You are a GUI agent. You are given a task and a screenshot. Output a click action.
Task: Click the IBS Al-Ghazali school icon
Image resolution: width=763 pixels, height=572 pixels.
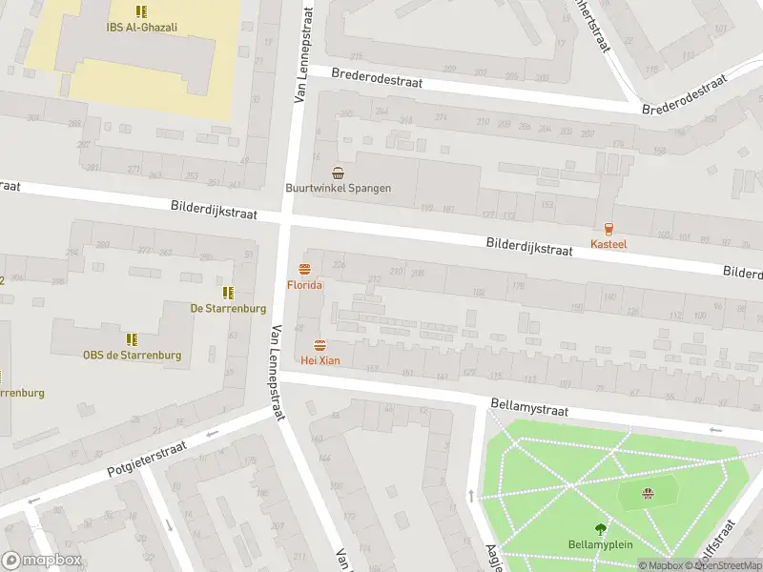point(141,12)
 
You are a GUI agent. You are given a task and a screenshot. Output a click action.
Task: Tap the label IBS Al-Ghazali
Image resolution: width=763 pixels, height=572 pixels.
point(141,28)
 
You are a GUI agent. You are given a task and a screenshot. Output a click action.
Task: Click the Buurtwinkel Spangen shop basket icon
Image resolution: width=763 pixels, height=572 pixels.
point(338,173)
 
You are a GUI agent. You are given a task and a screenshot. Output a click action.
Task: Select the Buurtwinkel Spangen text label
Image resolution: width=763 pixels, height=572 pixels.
point(338,188)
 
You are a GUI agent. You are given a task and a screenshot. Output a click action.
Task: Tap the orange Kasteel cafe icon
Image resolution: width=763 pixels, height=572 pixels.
point(608,229)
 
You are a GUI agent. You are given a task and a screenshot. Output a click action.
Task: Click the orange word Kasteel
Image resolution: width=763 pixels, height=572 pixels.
point(608,245)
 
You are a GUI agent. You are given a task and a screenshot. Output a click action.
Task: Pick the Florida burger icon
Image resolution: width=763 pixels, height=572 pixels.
point(305,269)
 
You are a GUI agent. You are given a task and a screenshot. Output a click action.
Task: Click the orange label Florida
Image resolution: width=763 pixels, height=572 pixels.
point(305,285)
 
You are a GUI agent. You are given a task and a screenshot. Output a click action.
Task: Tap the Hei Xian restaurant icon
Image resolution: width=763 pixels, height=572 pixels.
point(320,344)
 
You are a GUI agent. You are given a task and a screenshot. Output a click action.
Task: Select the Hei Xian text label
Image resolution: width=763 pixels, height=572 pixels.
point(320,360)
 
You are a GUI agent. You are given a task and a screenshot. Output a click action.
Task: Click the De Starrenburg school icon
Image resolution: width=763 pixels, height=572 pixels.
point(227,292)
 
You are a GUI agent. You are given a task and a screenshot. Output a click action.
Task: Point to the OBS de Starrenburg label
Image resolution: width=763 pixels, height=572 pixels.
point(132,356)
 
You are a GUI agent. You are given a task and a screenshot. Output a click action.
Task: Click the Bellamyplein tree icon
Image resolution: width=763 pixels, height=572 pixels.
point(601,528)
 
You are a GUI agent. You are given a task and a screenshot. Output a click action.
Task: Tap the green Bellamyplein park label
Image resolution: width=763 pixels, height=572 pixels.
point(601,544)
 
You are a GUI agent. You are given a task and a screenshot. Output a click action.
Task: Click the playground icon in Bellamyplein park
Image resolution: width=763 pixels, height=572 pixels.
point(649,493)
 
